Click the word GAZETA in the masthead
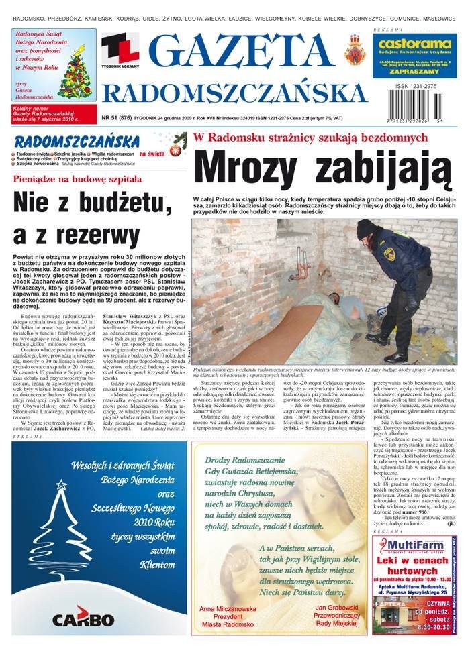coord(240,52)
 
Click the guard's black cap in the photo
coord(366,228)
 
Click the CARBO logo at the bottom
coord(84,617)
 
